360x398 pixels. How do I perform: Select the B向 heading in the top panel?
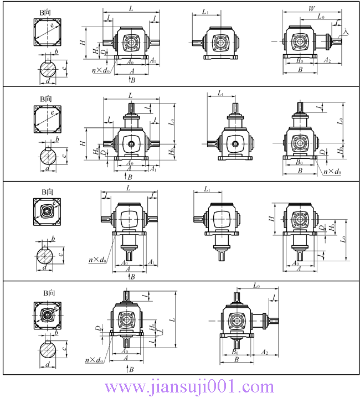48,9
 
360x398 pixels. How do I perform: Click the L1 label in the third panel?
207,189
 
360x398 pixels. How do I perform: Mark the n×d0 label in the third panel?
97,259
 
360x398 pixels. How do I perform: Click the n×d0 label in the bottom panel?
94,360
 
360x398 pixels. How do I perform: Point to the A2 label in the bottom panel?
265,353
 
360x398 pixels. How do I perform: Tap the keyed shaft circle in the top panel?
48,71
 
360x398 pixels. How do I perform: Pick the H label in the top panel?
82,42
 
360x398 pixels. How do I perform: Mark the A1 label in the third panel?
151,261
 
